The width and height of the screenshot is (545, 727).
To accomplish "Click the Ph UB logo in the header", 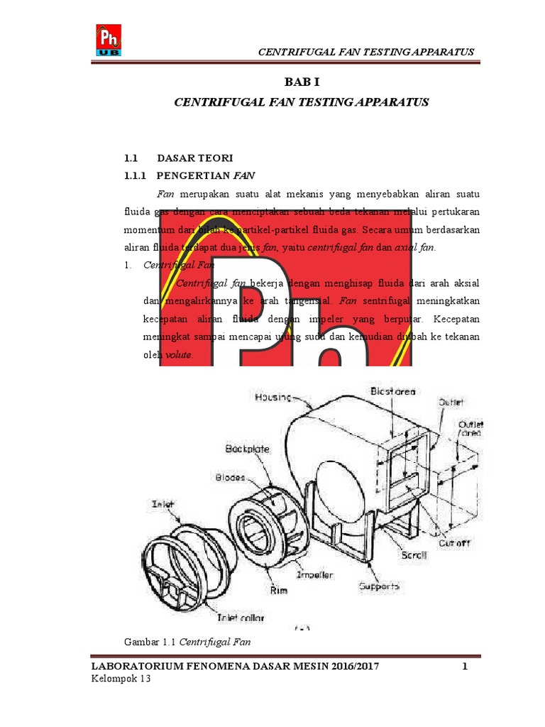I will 109,40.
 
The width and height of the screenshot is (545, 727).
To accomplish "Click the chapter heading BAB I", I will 302,82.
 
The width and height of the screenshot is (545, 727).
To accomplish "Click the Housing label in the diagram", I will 273,398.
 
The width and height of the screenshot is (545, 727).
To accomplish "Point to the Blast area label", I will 392,391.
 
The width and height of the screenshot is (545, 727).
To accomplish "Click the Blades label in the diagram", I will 229,478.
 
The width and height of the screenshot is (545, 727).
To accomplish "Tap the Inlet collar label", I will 241,618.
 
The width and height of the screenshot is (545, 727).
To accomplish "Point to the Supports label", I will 379,586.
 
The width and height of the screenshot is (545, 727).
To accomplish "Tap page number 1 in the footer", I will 465,667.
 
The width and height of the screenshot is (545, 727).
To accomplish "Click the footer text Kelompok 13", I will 121,679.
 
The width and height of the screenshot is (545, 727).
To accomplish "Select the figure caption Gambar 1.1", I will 151,642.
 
